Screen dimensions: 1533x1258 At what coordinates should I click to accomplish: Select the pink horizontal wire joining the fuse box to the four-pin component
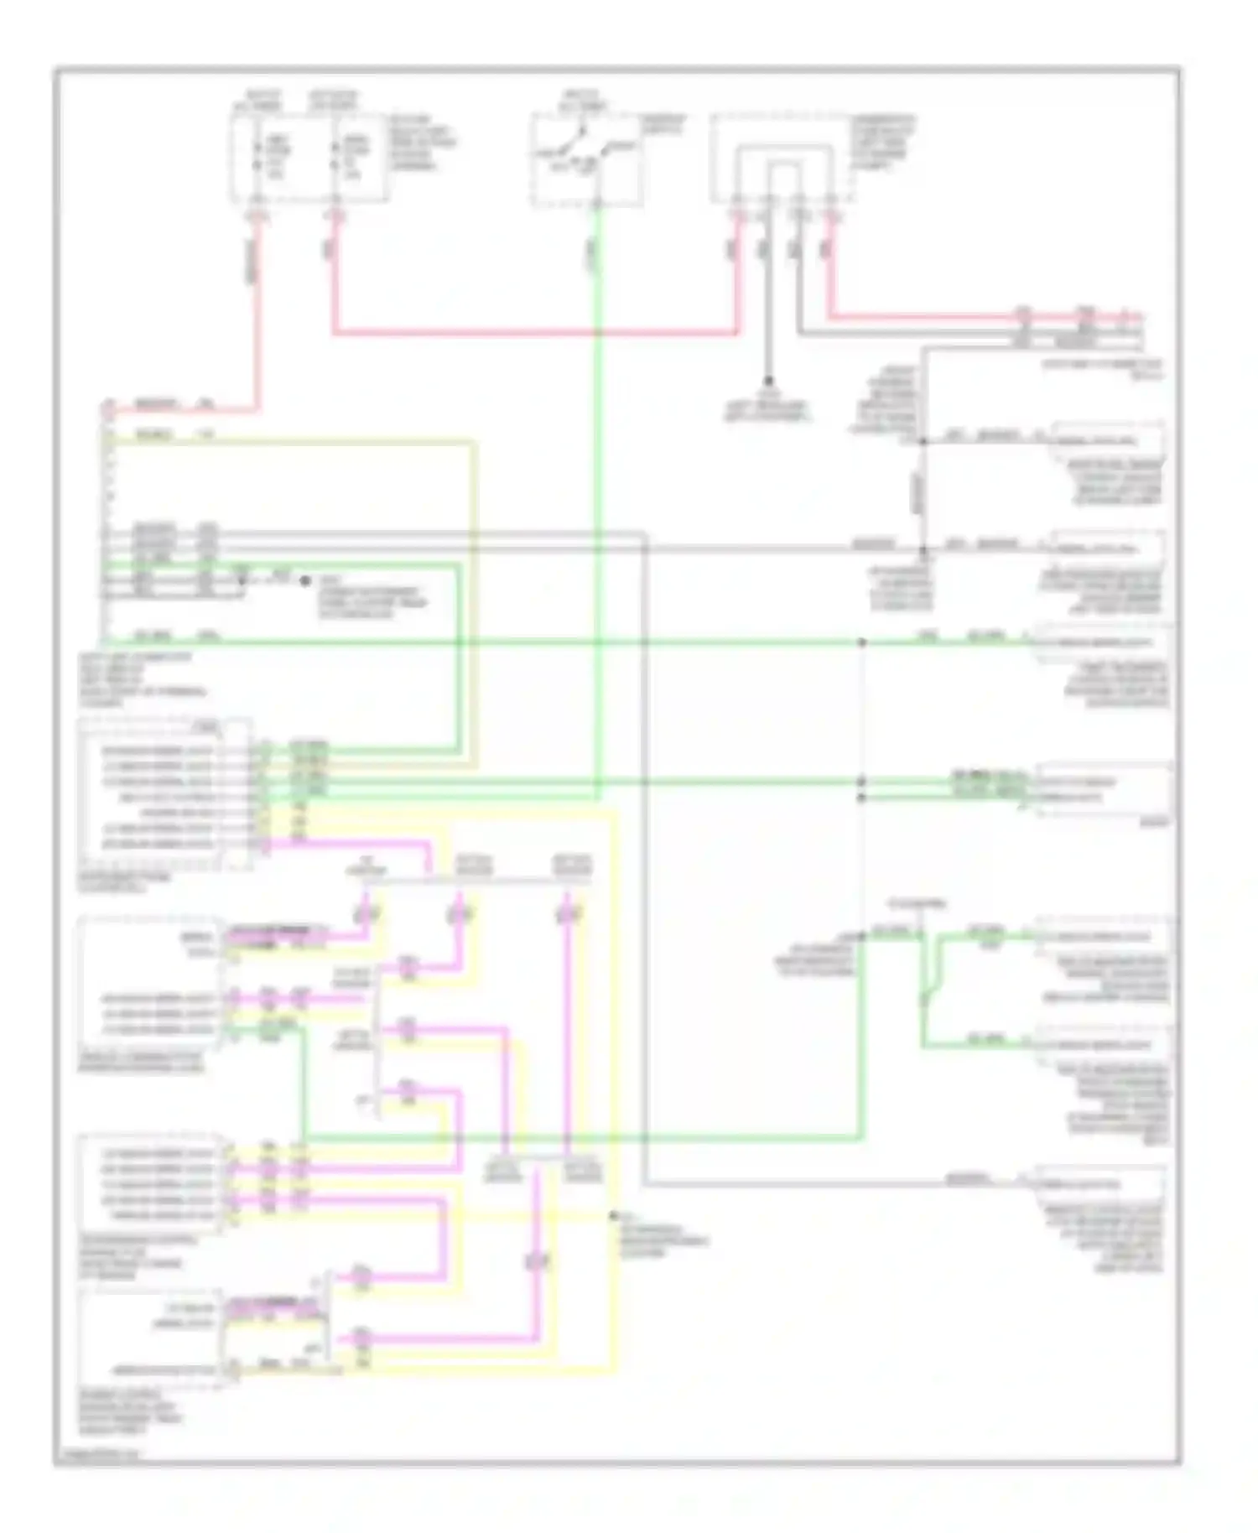click(x=537, y=333)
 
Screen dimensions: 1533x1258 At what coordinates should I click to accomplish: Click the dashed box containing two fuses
click(x=309, y=156)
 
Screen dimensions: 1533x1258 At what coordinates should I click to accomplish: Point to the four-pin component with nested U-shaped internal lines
click(x=783, y=159)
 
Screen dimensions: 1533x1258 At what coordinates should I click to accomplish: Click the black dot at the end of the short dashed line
click(x=305, y=580)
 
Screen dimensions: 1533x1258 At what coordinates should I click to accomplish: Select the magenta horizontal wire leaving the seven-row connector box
click(x=352, y=843)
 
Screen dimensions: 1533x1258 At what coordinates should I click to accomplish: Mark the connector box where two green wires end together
click(x=1103, y=789)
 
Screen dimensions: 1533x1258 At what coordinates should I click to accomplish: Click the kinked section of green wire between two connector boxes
click(x=931, y=990)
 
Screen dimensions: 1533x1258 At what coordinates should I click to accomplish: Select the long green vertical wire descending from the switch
click(x=596, y=503)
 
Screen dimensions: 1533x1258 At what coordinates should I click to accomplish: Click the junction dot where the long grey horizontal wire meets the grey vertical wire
click(x=923, y=550)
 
